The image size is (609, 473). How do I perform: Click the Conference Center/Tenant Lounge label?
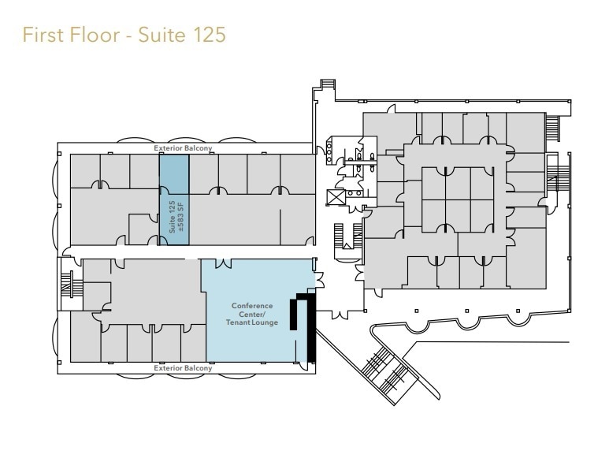pyautogui.click(x=251, y=314)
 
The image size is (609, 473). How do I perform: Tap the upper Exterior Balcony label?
pyautogui.click(x=184, y=148)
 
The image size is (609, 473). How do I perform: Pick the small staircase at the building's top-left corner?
pyautogui.click(x=326, y=84)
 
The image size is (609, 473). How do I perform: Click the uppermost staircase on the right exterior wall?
pyautogui.click(x=551, y=126)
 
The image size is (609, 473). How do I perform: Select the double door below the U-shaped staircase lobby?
pyautogui.click(x=340, y=314)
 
